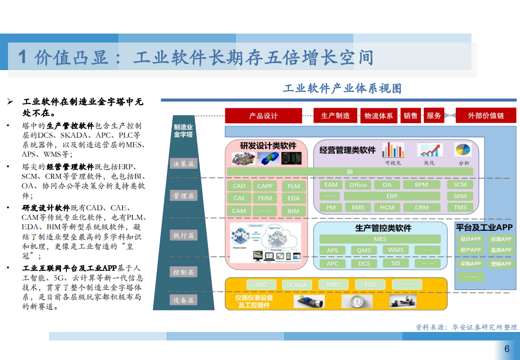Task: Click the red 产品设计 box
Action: tap(263, 116)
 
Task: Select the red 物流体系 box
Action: tap(378, 116)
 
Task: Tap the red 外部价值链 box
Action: tap(485, 116)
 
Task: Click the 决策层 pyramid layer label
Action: tap(184, 164)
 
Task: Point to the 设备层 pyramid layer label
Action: tap(184, 300)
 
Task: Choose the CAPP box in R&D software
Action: tap(265, 186)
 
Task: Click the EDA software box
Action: tap(294, 198)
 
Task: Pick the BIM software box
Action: tap(294, 211)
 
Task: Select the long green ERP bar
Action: tap(392, 196)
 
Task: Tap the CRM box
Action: tap(421, 207)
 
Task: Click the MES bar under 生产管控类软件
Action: tap(380, 239)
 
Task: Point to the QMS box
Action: tap(364, 250)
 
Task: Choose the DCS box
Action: tap(364, 263)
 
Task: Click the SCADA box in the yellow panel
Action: tap(297, 285)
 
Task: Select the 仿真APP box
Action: tap(500, 239)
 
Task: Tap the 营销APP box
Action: tap(500, 264)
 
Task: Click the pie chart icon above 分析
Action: tap(463, 150)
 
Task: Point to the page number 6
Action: tap(507, 349)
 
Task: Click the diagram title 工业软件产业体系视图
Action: tap(342, 89)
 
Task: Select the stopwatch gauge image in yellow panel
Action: tap(357, 301)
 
